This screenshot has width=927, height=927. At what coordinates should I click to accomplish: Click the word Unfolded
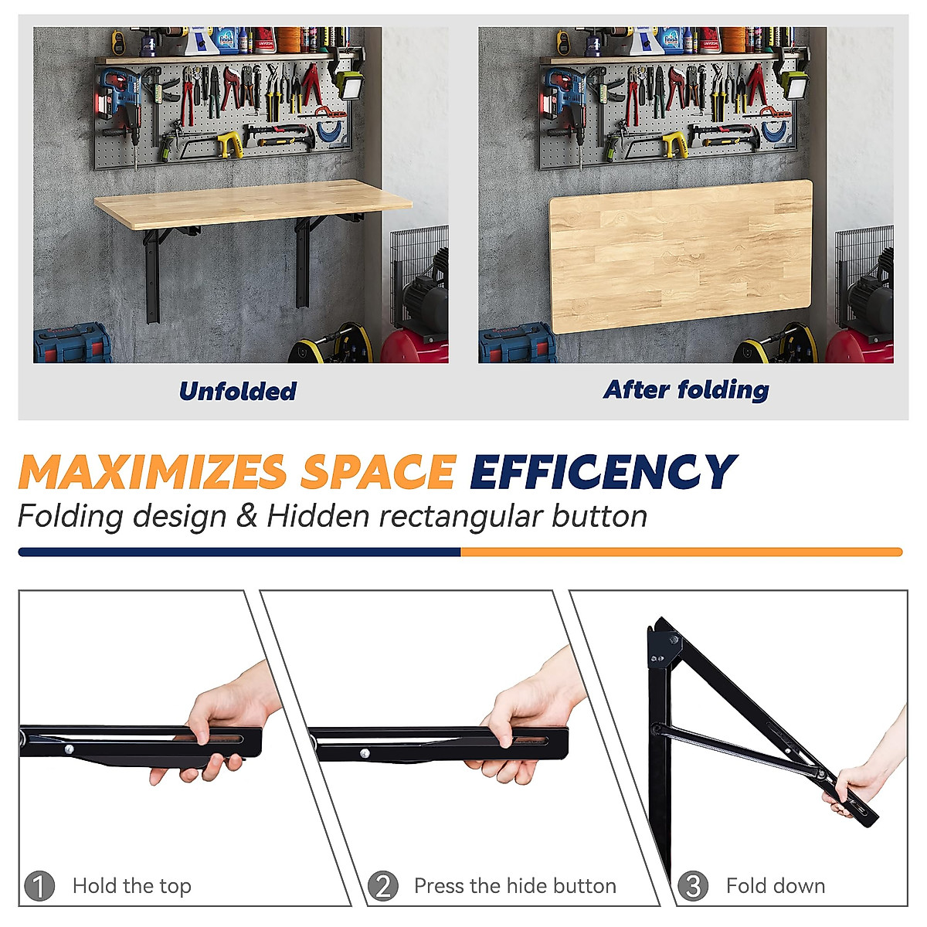click(x=237, y=391)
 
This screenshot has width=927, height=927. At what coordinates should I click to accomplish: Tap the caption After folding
click(x=686, y=389)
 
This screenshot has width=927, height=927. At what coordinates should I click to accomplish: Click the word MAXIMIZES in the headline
click(x=152, y=472)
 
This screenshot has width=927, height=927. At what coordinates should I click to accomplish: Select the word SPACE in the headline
click(x=378, y=472)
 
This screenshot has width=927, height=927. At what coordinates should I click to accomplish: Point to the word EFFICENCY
click(x=603, y=472)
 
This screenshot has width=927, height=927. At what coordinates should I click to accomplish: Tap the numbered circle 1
click(x=39, y=885)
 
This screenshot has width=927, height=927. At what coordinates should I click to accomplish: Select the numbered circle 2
click(x=382, y=885)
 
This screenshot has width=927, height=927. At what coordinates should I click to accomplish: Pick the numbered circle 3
click(x=692, y=885)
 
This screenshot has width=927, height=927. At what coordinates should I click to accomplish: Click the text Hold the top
click(x=131, y=885)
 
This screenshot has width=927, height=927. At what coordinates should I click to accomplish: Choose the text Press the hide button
click(x=514, y=885)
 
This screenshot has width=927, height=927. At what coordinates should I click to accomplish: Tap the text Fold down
click(x=775, y=885)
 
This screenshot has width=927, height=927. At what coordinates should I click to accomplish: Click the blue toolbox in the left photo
click(x=71, y=344)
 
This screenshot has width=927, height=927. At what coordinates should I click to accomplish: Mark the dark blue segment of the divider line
click(x=239, y=552)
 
